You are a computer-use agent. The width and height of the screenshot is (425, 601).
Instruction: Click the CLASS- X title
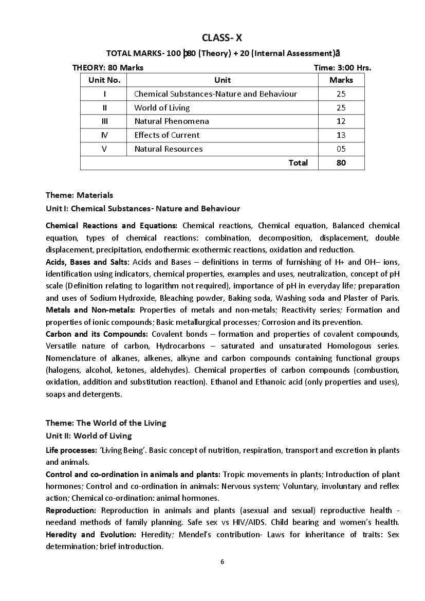click(222, 38)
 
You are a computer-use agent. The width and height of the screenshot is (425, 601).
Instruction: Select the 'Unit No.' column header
click(104, 80)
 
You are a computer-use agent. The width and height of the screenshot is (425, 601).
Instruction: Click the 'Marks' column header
click(341, 80)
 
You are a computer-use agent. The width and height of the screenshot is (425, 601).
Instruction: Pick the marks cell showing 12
click(341, 121)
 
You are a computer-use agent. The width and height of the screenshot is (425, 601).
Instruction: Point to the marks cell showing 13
click(341, 135)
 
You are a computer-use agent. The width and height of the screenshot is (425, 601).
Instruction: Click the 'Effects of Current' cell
click(167, 135)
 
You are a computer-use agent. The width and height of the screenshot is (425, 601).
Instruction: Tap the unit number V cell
click(104, 149)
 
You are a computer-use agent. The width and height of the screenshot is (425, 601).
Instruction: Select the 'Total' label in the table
click(298, 162)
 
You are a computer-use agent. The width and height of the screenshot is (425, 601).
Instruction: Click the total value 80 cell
click(341, 162)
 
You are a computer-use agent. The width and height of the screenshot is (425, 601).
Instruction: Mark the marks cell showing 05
click(341, 149)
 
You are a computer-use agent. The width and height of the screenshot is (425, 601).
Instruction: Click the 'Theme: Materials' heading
click(79, 195)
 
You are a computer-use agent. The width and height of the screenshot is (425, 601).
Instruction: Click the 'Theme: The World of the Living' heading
click(106, 423)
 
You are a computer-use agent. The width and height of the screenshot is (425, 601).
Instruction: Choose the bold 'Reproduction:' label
click(71, 510)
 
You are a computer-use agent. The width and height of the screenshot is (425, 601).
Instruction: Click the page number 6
click(222, 561)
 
